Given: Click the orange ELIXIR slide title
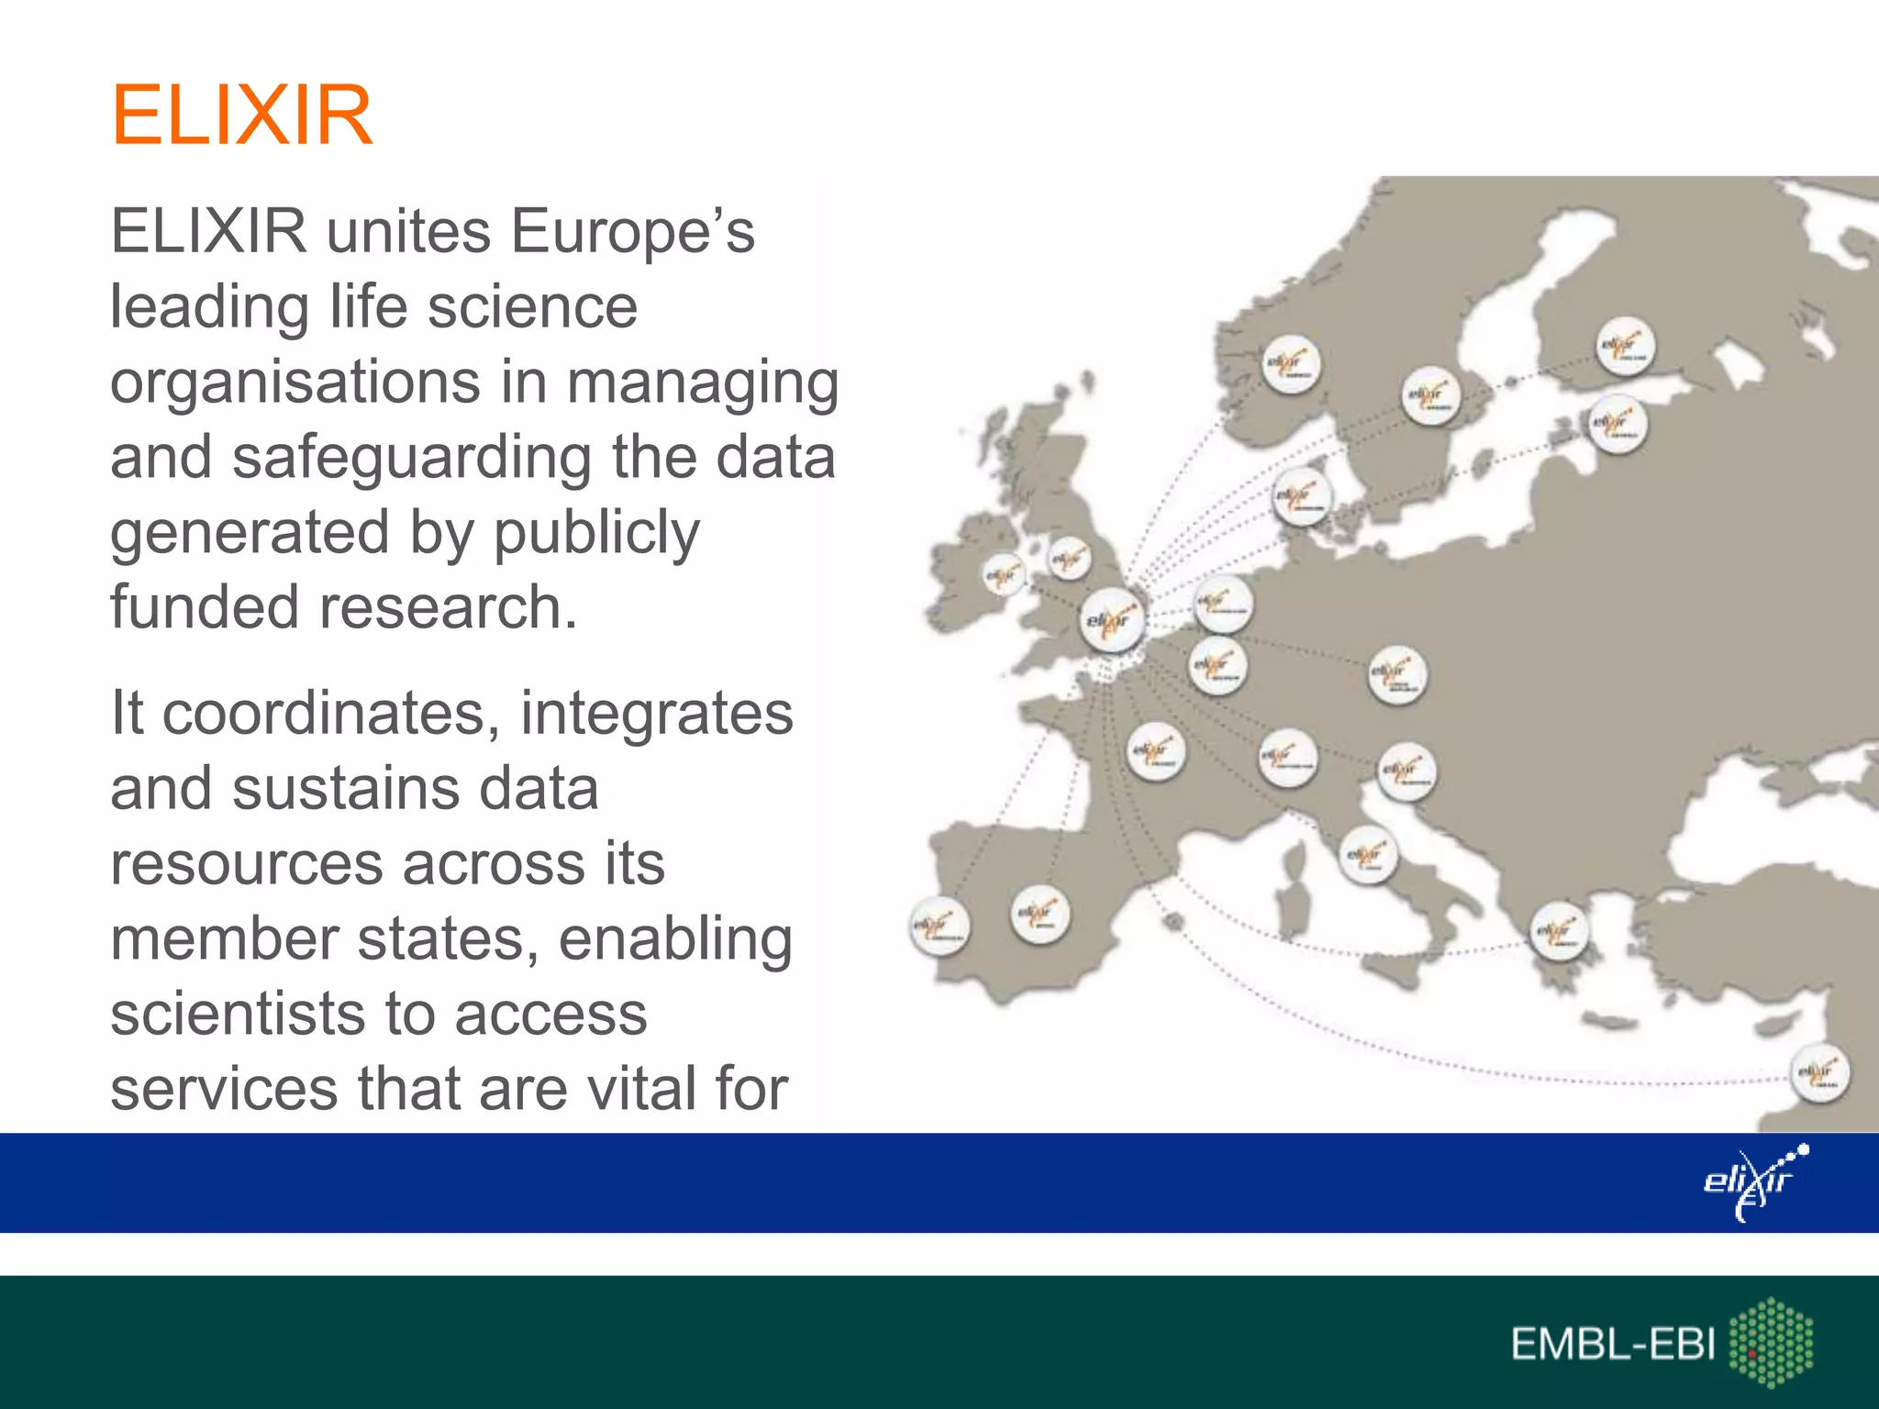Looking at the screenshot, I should [241, 116].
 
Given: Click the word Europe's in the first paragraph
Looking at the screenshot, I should [632, 231].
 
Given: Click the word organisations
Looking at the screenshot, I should [295, 382].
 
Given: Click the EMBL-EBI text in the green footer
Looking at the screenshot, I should [1613, 1345].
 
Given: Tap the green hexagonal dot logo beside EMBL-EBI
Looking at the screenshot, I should [1771, 1341].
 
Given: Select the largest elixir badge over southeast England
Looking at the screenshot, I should [1112, 620].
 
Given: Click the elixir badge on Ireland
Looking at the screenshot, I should [1003, 575].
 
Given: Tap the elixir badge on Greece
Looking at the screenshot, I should [1559, 931].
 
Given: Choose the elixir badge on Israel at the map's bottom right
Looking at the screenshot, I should [1819, 1072].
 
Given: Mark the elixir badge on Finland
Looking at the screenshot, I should [1626, 347].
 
